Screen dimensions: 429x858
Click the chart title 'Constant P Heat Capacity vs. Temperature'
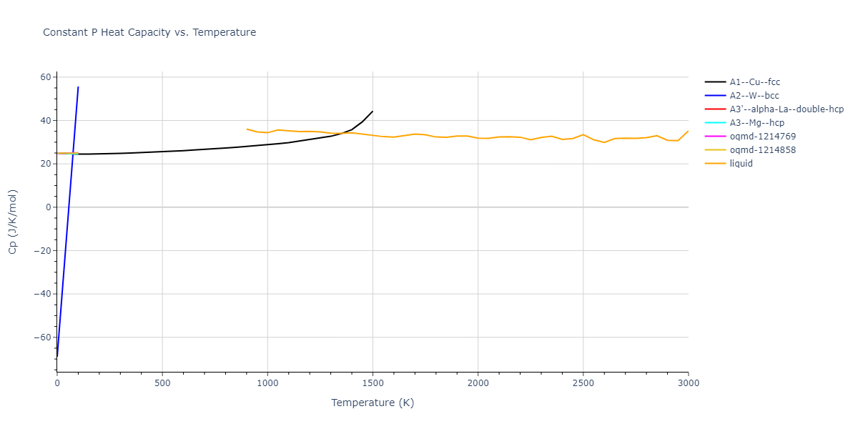tap(149, 32)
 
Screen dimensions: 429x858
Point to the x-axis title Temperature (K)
tap(373, 403)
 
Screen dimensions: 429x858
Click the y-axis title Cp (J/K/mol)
tap(13, 222)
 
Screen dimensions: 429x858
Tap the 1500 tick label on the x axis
tap(373, 383)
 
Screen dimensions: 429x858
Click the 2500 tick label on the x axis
tap(583, 383)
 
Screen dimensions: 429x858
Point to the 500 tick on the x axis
tap(162, 383)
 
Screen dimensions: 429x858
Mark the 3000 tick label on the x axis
tap(688, 383)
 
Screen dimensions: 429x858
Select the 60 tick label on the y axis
tap(45, 77)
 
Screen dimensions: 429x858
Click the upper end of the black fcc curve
tap(373, 111)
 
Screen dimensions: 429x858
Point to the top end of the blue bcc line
tap(78, 87)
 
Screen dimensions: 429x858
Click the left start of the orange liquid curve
tap(247, 129)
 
